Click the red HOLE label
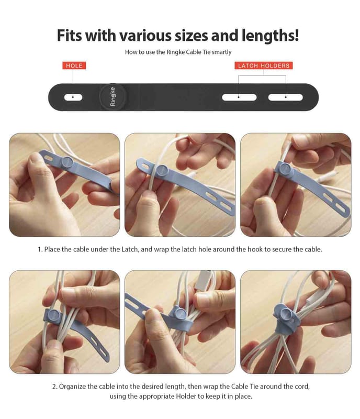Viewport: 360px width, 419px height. [x=74, y=65]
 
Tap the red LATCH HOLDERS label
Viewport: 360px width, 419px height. [x=264, y=65]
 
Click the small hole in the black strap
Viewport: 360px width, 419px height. [x=73, y=97]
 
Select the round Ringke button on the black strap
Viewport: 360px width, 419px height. [x=113, y=96]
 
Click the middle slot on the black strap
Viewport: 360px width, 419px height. [x=239, y=97]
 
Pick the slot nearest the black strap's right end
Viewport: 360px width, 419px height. [x=286, y=97]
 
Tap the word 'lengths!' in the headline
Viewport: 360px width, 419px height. [x=271, y=36]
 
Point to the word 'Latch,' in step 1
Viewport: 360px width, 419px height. [x=130, y=249]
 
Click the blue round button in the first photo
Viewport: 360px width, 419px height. [x=67, y=162]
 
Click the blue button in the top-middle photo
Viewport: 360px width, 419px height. [x=162, y=171]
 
